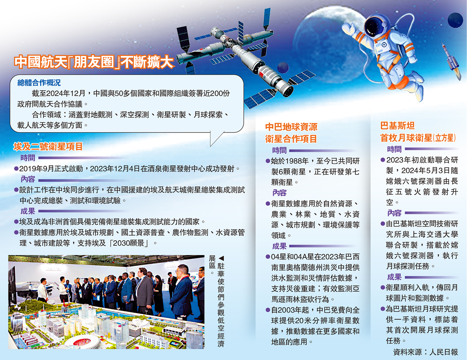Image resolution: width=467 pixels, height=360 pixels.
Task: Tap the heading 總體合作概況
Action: (x=39, y=83)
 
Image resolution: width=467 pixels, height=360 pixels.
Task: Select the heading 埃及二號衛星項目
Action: (x=48, y=147)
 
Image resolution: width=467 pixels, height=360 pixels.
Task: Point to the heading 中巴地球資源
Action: (x=291, y=127)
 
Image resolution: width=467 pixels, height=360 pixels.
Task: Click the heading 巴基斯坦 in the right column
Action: (x=397, y=126)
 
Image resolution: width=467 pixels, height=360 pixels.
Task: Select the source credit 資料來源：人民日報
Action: (x=425, y=352)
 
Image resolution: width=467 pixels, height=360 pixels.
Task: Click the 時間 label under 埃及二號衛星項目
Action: (x=28, y=158)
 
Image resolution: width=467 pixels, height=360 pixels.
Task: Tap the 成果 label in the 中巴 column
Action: (x=279, y=246)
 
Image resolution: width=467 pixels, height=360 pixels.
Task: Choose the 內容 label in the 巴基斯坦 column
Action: (x=394, y=213)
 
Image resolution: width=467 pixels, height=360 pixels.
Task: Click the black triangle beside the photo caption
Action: (x=221, y=258)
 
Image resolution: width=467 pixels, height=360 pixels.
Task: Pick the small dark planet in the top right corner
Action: (x=455, y=20)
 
